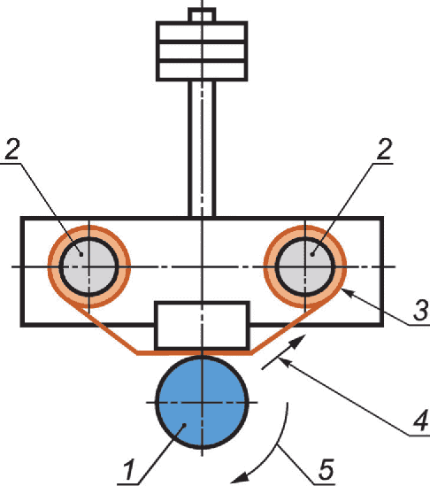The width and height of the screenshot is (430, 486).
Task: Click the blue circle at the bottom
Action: click(202, 402)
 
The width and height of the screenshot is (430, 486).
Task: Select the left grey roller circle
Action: click(88, 266)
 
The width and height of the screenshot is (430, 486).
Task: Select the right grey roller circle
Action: click(305, 266)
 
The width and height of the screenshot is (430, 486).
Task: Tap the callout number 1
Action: click(129, 469)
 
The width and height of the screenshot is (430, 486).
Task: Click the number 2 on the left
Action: click(12, 149)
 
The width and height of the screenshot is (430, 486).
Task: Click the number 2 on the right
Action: click(385, 149)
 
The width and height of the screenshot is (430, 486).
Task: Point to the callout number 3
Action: click(420, 310)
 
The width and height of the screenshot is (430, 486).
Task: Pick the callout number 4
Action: click(421, 420)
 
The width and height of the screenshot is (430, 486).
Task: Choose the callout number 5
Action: click(326, 469)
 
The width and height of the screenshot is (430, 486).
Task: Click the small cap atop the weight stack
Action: click(202, 15)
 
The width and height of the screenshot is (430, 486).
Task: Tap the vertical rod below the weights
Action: click(202, 149)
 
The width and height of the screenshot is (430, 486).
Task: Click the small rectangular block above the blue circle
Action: click(202, 325)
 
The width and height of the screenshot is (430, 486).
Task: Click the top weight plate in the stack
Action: click(202, 31)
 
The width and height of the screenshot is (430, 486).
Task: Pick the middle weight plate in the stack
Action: click(202, 50)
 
